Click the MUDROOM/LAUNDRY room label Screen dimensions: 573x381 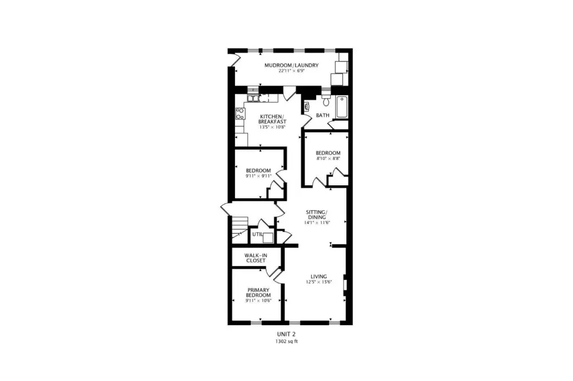[291, 65]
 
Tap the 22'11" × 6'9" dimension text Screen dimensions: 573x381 [291, 71]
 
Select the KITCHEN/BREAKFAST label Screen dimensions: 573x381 [273, 118]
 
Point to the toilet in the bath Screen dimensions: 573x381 [326, 99]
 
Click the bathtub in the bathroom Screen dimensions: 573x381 [342, 107]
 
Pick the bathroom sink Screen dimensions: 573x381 [307, 106]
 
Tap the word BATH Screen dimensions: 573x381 [323, 115]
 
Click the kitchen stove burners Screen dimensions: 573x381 [239, 113]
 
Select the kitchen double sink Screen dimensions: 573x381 [253, 98]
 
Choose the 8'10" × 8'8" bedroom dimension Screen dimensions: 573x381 [328, 159]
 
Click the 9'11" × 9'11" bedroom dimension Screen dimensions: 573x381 [259, 176]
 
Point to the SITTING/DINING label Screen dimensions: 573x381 [317, 215]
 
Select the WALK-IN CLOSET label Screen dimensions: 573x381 [255, 258]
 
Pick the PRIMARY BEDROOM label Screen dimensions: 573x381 [259, 293]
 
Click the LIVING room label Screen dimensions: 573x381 [318, 277]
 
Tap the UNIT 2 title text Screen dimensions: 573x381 [286, 334]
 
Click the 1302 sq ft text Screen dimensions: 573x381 [286, 341]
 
